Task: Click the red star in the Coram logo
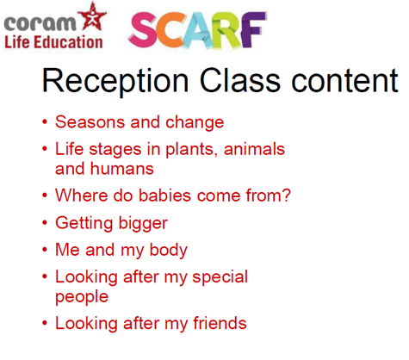[x=92, y=16]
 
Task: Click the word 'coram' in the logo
[x=40, y=23]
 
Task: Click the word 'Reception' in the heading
[x=115, y=81]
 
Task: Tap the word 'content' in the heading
[x=344, y=81]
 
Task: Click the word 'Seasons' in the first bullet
[x=90, y=122]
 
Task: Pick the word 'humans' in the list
[x=122, y=169]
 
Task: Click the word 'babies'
[x=164, y=196]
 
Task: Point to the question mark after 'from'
[x=286, y=196]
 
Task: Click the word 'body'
[x=168, y=251]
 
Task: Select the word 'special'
[x=220, y=277]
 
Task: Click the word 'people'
[x=82, y=297]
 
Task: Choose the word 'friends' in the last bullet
[x=220, y=323]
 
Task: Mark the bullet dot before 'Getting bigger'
[x=45, y=223]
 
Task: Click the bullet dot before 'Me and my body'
[x=45, y=250]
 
